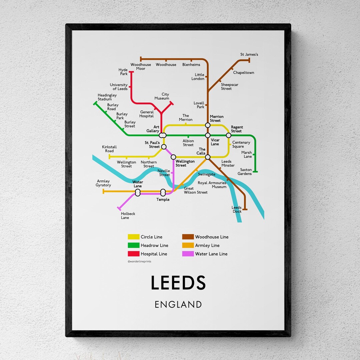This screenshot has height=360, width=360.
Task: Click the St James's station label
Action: coord(249,54)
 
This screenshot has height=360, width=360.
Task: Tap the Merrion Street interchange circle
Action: coord(208,125)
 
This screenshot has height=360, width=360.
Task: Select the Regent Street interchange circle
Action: coord(228,135)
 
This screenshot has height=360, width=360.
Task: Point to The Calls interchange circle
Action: coord(208,157)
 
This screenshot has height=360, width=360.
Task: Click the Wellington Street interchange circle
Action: coord(173,157)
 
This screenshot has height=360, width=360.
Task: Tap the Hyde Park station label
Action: coord(123,72)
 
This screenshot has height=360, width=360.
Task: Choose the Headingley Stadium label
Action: coord(107,97)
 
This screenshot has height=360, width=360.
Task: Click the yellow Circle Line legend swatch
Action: coord(133,237)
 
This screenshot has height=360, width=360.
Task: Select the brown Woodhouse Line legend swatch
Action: coord(188,237)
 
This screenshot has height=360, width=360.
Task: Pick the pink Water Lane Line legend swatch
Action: coord(188,254)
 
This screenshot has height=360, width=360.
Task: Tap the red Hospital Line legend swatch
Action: coord(133,254)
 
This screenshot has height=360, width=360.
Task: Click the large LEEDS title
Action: coord(178,283)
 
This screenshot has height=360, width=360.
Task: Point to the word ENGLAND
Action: coord(178,304)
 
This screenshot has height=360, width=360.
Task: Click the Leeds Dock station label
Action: coord(237,209)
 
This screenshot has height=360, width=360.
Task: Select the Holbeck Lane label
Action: coord(128,216)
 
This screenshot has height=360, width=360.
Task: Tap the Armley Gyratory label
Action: coord(103,183)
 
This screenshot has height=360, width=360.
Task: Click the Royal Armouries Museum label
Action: coord(212,185)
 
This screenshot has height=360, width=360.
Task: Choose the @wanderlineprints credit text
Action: coord(139,262)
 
